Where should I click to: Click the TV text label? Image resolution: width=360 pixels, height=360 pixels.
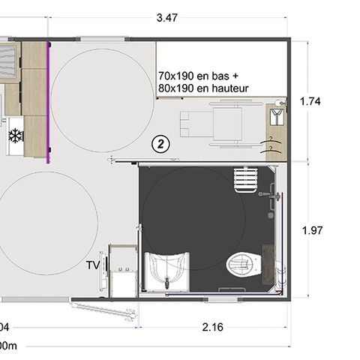pyautogui.click(x=93, y=265)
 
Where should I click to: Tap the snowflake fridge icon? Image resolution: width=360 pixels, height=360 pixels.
pyautogui.click(x=13, y=135)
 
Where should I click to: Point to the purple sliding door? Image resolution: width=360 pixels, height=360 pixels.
pyautogui.click(x=49, y=101)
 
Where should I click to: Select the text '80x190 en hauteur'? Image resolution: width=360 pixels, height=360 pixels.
pyautogui.click(x=203, y=88)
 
